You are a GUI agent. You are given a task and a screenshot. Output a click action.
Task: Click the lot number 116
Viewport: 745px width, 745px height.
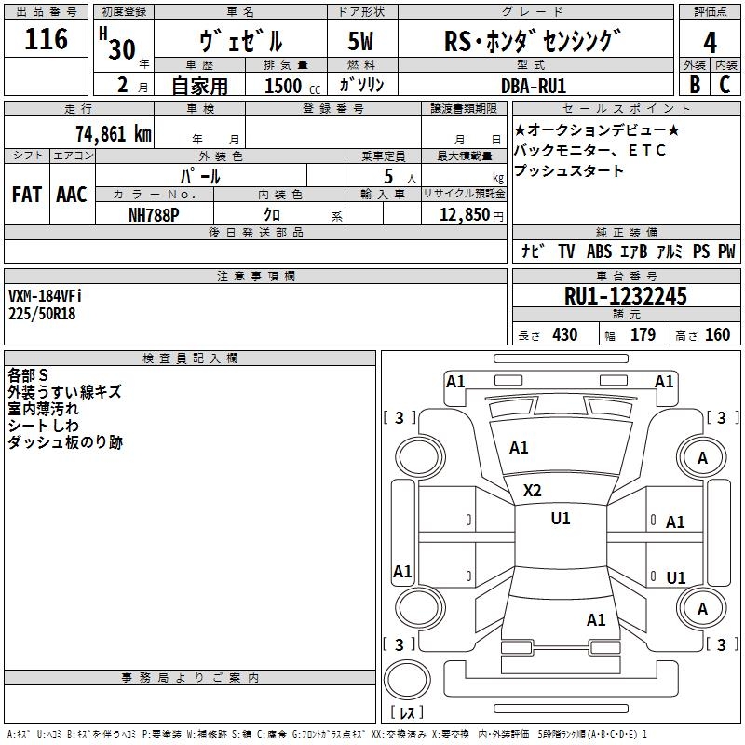click(x=47, y=40)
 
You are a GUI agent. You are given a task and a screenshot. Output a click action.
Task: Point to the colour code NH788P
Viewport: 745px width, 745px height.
click(x=155, y=214)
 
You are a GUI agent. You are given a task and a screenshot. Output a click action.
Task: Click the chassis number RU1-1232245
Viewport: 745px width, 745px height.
click(x=626, y=296)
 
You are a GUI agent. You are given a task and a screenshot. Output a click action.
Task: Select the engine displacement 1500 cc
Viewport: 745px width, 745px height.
click(x=283, y=86)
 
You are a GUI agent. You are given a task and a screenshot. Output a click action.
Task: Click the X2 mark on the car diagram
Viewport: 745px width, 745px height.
click(x=532, y=491)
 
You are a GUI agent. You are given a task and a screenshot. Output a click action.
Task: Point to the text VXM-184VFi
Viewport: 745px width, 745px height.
click(x=46, y=296)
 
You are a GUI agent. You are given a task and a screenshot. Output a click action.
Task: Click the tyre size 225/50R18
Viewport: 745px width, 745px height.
click(x=42, y=314)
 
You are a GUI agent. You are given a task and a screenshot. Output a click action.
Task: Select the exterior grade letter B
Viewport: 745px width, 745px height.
click(x=694, y=84)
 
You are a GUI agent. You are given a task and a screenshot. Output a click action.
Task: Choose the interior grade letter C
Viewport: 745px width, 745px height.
click(x=725, y=84)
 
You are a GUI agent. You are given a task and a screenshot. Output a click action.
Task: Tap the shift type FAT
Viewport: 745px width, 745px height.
click(x=26, y=195)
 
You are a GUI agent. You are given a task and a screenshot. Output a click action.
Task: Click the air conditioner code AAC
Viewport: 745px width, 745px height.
click(x=71, y=195)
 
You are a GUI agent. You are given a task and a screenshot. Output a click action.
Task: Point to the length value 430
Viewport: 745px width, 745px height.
click(x=564, y=335)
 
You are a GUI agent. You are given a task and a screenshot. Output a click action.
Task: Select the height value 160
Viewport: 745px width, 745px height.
click(x=717, y=335)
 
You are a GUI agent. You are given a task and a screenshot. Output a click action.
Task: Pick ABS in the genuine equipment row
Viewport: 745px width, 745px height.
click(x=599, y=251)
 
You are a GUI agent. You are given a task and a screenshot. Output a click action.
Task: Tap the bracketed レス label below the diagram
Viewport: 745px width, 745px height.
click(x=407, y=712)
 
